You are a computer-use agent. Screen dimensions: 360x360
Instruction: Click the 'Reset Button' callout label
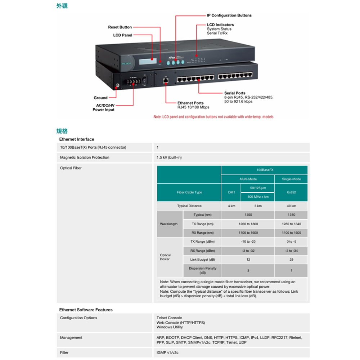click(120, 27)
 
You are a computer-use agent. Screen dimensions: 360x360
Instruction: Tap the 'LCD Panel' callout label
click(122, 35)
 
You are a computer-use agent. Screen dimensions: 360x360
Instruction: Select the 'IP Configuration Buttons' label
click(229, 15)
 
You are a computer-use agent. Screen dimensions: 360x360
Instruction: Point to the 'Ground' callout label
click(100, 98)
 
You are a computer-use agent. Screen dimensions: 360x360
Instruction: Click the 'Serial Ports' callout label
click(235, 93)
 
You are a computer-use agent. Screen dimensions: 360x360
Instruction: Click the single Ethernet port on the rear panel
click(165, 81)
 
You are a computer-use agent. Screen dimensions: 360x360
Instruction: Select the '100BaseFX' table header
click(264, 170)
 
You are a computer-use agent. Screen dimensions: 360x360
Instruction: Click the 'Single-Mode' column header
click(291, 179)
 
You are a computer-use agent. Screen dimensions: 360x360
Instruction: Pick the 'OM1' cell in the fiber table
click(231, 192)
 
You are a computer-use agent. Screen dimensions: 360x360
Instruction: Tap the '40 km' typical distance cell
click(291, 206)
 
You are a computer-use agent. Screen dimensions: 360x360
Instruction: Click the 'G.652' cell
click(291, 192)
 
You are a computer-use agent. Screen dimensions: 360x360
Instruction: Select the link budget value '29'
click(291, 260)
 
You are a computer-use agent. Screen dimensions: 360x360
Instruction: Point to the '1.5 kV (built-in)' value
click(169, 158)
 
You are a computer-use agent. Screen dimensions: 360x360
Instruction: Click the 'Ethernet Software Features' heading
click(86, 310)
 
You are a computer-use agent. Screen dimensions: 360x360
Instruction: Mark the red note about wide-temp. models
click(213, 117)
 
